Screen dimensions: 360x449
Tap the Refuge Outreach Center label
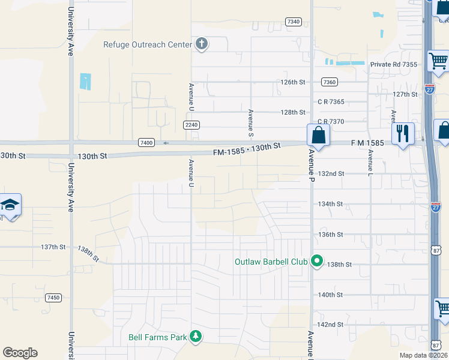pyautogui.click(x=147, y=44)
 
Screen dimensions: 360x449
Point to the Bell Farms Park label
pyautogui.click(x=158, y=337)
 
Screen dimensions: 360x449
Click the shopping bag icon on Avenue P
pyautogui.click(x=318, y=135)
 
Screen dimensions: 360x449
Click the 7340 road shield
pyautogui.click(x=294, y=22)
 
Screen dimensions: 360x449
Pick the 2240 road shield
pyautogui.click(x=191, y=125)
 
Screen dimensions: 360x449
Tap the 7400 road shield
pyautogui.click(x=146, y=143)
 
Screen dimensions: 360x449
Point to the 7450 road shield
pyautogui.click(x=53, y=298)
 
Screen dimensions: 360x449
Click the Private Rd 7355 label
pyautogui.click(x=393, y=65)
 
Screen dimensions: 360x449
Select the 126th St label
pyautogui.click(x=293, y=82)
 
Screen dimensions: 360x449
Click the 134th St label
pyautogui.click(x=330, y=204)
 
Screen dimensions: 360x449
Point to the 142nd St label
pyautogui.click(x=330, y=325)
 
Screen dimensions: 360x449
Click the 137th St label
pyautogui.click(x=53, y=247)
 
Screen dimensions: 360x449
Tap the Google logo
pyautogui.click(x=20, y=353)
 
